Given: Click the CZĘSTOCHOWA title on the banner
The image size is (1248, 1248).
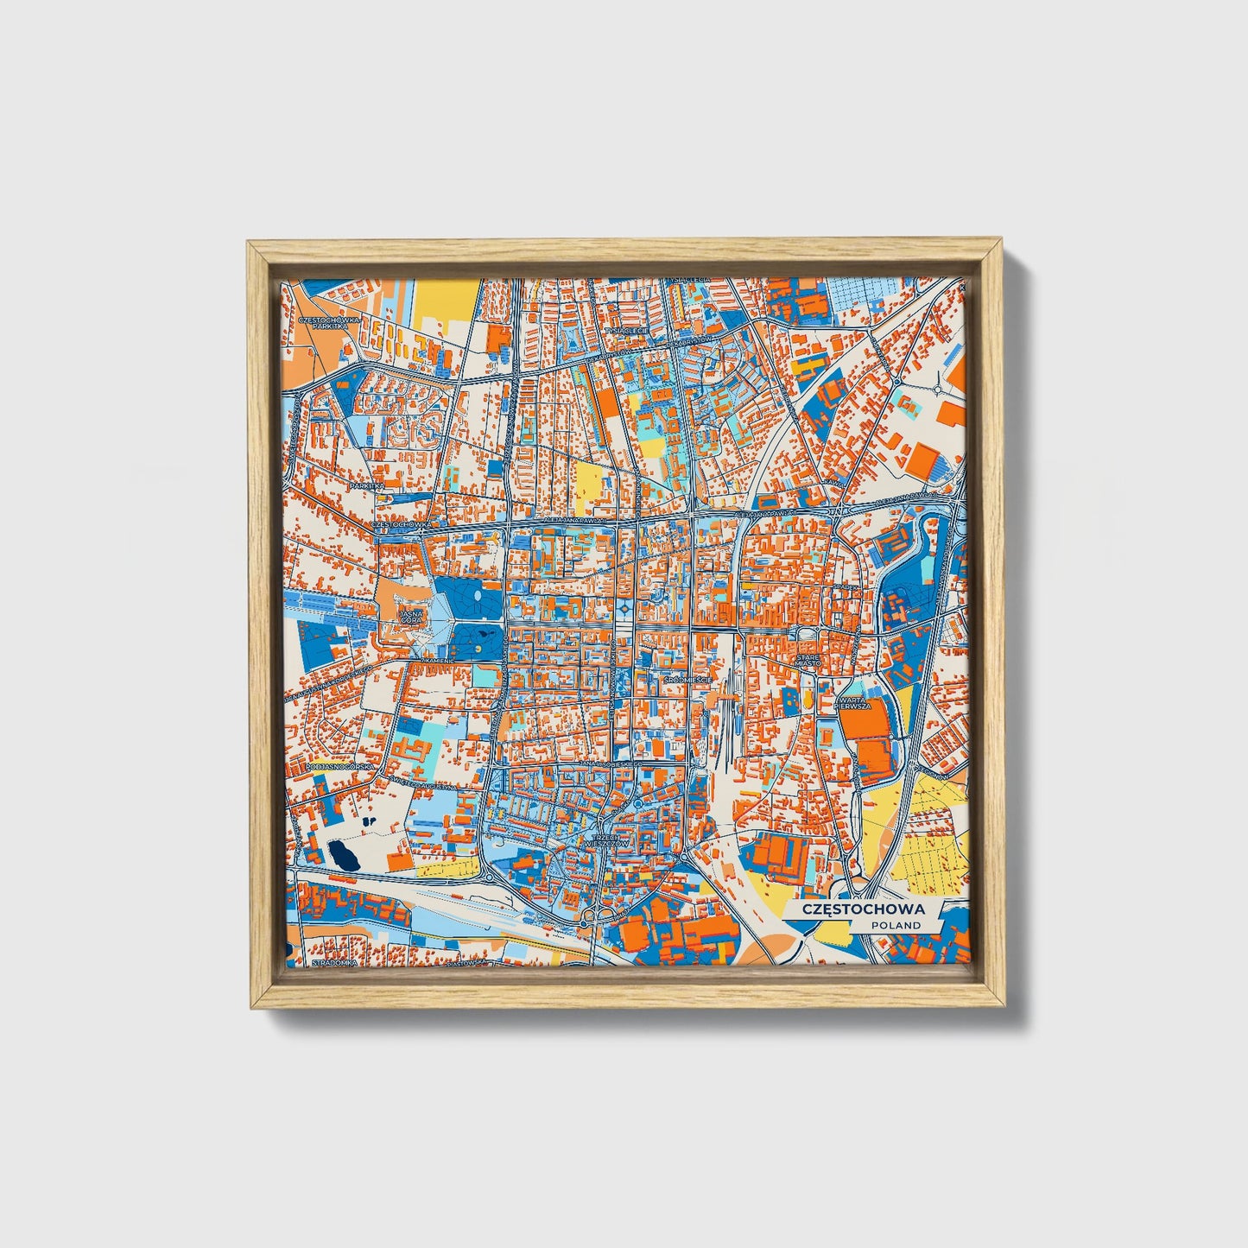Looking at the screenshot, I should point(863,909).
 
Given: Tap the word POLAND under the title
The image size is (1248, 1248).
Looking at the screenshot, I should point(895,925).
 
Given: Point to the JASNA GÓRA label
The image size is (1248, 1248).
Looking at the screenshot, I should point(409,617).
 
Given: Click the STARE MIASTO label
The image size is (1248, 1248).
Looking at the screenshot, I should point(810,661).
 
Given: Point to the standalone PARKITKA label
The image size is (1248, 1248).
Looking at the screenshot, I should point(365,486).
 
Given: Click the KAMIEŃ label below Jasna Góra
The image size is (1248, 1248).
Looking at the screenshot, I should point(432,660).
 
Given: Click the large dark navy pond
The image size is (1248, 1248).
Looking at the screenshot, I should point(344,855).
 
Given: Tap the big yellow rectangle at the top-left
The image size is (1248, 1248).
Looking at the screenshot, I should point(446,302).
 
